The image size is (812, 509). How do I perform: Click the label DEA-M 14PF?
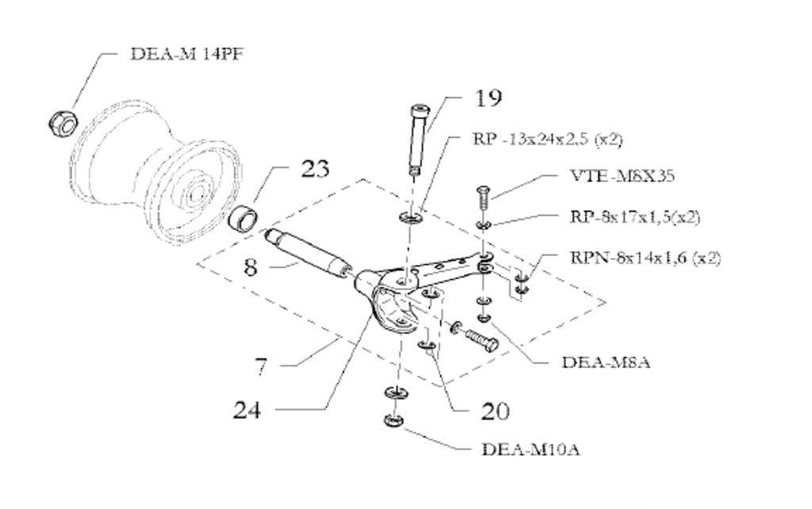(x=182, y=54)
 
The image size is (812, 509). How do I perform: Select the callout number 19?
(x=488, y=98)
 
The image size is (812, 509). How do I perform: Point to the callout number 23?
(x=315, y=169)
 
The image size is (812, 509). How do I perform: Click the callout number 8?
(x=251, y=266)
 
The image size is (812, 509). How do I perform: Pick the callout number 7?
(x=261, y=366)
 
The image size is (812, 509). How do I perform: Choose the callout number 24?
(x=247, y=410)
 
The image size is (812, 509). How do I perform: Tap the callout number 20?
(x=495, y=411)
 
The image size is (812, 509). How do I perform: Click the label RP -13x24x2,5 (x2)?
(x=547, y=140)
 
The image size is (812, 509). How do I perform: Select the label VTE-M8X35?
(x=622, y=176)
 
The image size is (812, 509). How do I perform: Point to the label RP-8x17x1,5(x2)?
(x=634, y=216)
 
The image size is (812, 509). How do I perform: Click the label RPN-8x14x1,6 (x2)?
(x=645, y=258)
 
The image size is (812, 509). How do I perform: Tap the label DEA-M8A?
(x=606, y=363)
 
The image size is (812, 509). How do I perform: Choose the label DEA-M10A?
(x=530, y=450)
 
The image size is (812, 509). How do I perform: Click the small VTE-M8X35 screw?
(x=481, y=198)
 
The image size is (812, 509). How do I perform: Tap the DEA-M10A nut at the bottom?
(x=393, y=421)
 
